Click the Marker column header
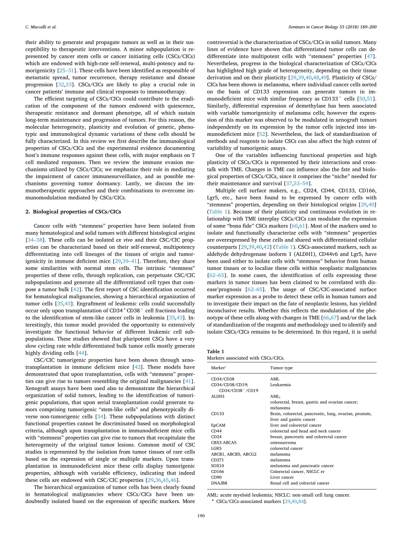tap(218, 368)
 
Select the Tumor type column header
tap(281, 368)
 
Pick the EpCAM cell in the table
tap(218, 425)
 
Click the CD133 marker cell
tap(217, 414)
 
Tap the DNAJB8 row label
tap(219, 483)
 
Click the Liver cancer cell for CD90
tap(281, 477)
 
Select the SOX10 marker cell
tap(217, 465)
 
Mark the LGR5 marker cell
tap(216, 448)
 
